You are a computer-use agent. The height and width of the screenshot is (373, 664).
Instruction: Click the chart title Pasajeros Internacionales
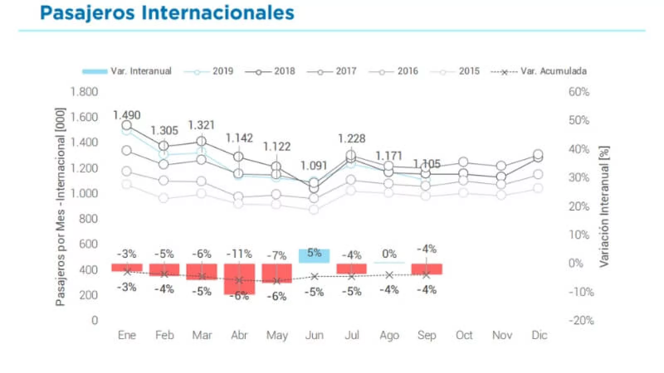pyautogui.click(x=167, y=12)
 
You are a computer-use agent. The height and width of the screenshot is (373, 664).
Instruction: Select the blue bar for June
pyautogui.click(x=314, y=256)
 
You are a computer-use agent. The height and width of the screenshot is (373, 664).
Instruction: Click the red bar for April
pyautogui.click(x=239, y=279)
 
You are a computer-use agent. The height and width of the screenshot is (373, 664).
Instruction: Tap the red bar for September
pyautogui.click(x=427, y=269)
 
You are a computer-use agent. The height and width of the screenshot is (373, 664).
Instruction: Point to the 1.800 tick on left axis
pyautogui.click(x=84, y=92)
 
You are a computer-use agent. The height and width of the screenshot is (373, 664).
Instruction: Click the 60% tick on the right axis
pyautogui.click(x=579, y=92)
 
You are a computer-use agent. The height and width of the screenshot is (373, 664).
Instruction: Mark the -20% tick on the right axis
pyautogui.click(x=581, y=320)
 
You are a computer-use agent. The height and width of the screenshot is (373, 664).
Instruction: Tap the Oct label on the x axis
pyautogui.click(x=464, y=335)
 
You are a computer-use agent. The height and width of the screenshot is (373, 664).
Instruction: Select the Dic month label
pyautogui.click(x=539, y=335)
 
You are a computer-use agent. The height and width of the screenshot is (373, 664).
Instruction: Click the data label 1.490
pyautogui.click(x=127, y=115)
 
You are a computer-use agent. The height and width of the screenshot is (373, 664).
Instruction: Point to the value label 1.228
pyautogui.click(x=352, y=138)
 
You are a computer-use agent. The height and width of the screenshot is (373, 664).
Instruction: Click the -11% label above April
pyautogui.click(x=239, y=254)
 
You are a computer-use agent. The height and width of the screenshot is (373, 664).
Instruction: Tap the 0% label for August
pyautogui.click(x=389, y=254)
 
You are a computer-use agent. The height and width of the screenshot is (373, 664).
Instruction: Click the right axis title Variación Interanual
pyautogui.click(x=604, y=206)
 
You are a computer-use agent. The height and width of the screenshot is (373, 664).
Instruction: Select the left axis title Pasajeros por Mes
pyautogui.click(x=61, y=206)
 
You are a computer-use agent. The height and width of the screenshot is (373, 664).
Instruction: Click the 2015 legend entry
pyautogui.click(x=469, y=71)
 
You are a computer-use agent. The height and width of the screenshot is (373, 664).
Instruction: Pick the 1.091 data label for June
pyautogui.click(x=314, y=166)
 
